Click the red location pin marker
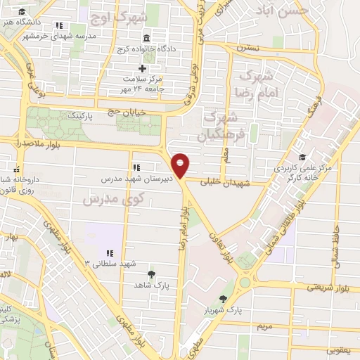181,165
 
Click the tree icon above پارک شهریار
224,300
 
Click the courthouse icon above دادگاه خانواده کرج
146,37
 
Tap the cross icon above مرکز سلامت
143,68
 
